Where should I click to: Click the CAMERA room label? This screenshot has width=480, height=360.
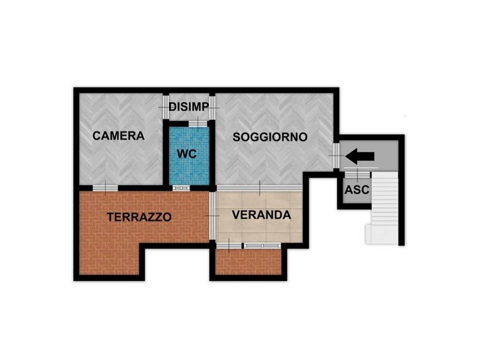[x=118, y=136]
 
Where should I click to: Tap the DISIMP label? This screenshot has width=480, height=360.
[x=189, y=107]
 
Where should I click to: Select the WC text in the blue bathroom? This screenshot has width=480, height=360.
[x=187, y=154]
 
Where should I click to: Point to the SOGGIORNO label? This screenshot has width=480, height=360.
[x=270, y=137]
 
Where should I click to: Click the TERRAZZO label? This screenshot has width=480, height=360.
[x=139, y=217]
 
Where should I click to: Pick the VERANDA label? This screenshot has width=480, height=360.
[x=262, y=215]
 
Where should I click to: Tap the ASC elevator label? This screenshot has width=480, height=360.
[x=357, y=190]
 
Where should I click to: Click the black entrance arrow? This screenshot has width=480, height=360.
[x=359, y=156]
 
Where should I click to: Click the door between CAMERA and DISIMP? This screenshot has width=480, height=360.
[x=166, y=107]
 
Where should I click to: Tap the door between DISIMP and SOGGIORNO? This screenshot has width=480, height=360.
[x=212, y=107]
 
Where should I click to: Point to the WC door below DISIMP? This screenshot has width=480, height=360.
[x=198, y=124]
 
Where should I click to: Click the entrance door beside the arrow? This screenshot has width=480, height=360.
[x=336, y=155]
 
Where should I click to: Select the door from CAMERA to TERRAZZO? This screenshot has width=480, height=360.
[x=106, y=188]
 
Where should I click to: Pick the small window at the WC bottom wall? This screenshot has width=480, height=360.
[x=181, y=188]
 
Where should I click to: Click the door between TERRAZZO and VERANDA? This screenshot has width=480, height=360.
[x=212, y=216]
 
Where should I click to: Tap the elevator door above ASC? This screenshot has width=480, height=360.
[x=358, y=175]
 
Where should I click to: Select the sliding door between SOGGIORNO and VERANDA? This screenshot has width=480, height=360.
[x=260, y=188]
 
